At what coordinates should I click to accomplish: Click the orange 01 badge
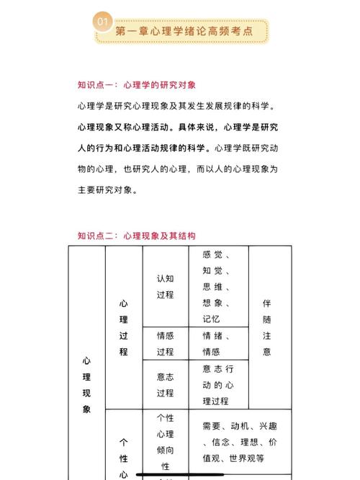click(102, 23)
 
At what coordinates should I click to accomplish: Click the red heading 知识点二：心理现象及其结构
click(137, 236)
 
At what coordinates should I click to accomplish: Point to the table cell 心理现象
click(86, 383)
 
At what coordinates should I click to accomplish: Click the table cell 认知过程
click(165, 286)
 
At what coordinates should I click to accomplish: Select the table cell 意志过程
click(165, 384)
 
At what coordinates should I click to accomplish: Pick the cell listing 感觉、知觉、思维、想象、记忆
click(217, 286)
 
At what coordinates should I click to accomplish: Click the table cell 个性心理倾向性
click(165, 441)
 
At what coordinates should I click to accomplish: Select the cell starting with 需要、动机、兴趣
click(239, 441)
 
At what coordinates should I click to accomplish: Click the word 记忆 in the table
click(212, 319)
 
